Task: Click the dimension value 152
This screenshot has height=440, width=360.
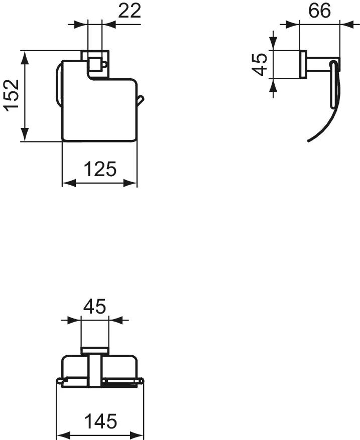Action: click(x=12, y=95)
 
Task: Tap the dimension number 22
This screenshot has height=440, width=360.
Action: click(x=129, y=11)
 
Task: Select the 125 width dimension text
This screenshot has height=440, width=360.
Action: click(x=100, y=169)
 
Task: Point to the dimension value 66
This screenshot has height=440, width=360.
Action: click(x=319, y=11)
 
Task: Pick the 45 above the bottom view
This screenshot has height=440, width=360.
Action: click(x=94, y=306)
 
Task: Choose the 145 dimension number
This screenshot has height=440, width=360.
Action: click(x=100, y=421)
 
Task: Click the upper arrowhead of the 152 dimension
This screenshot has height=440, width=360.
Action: click(x=25, y=58)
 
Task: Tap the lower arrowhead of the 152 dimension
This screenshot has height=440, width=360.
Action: click(x=25, y=134)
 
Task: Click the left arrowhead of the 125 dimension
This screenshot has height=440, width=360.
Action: click(x=69, y=183)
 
